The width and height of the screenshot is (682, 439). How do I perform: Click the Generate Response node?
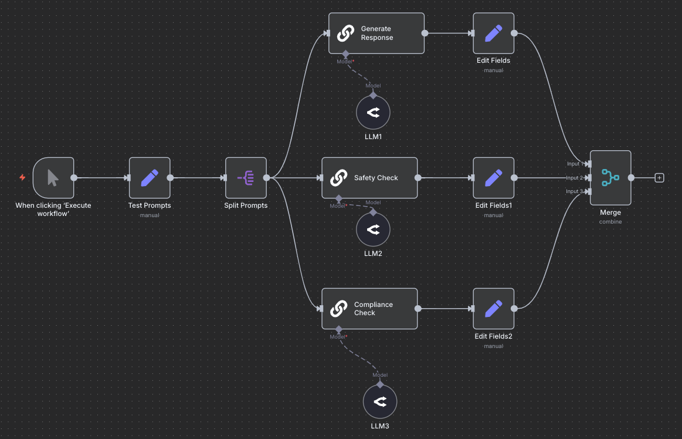tap(376, 33)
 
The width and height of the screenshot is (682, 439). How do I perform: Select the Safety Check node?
tap(369, 178)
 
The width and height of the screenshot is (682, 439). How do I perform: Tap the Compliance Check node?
tap(369, 309)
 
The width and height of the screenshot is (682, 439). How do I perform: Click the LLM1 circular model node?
tap(373, 113)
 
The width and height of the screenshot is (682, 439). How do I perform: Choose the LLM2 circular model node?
tap(373, 230)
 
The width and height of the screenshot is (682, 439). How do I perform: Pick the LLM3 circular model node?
tap(380, 402)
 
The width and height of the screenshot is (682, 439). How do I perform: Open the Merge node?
tap(610, 178)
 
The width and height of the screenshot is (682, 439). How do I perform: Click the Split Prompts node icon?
tap(246, 178)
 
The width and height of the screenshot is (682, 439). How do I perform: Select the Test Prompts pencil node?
tap(150, 178)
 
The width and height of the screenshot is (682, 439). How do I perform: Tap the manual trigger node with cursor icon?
tap(53, 178)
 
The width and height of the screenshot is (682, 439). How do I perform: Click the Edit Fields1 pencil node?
tap(494, 178)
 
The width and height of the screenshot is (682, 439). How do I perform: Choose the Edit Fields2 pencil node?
tap(494, 309)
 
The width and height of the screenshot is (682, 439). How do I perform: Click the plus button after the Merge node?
tap(659, 178)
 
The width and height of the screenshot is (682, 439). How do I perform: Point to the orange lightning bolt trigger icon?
tap(22, 178)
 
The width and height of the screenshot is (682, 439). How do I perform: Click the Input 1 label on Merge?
tap(574, 164)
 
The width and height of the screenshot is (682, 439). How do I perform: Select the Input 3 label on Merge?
tap(574, 191)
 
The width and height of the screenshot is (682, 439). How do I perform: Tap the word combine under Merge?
tap(610, 222)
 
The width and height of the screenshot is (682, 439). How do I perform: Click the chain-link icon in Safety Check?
tap(338, 178)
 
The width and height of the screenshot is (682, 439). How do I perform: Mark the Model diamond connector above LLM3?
tap(380, 384)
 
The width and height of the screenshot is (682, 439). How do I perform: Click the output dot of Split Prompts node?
tap(266, 178)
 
